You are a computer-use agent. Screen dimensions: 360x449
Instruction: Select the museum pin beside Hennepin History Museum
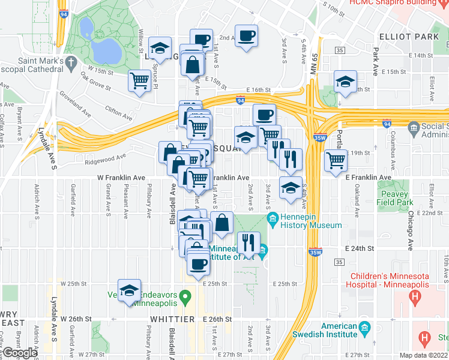tap(272, 217)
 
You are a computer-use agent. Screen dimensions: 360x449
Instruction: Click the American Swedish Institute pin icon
tap(364, 329)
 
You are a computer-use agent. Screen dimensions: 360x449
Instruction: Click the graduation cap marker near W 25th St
tap(129, 291)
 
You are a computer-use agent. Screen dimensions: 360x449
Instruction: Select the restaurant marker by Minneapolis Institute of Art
tap(249, 242)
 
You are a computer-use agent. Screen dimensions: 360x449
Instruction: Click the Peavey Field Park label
tap(394, 199)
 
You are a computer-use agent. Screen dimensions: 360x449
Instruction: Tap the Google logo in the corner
tap(19, 353)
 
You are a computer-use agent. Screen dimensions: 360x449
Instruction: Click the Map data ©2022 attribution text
tap(423, 355)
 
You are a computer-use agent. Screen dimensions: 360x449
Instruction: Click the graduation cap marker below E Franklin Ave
tap(291, 190)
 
